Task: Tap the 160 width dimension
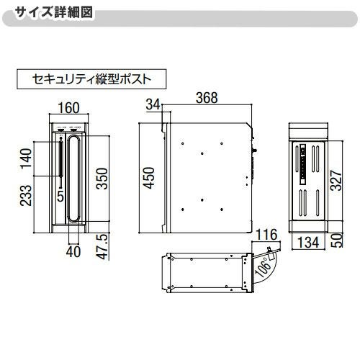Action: (69, 109)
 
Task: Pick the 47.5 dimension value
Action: (102, 246)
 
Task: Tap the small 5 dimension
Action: (60, 194)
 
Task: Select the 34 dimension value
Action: (152, 105)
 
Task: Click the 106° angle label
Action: (264, 267)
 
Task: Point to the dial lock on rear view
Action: (302, 153)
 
